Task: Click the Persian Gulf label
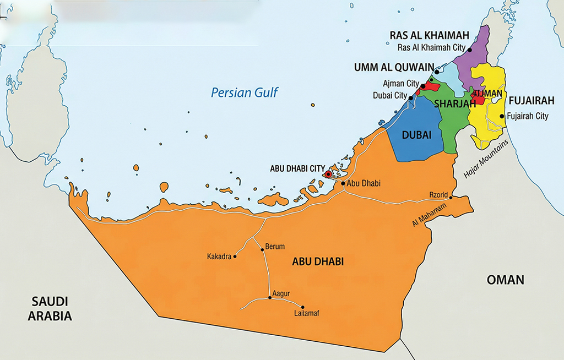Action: pyautogui.click(x=245, y=92)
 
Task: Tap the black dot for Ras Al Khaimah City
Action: pyautogui.click(x=470, y=50)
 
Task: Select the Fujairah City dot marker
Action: pyautogui.click(x=502, y=116)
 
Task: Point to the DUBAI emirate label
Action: pyautogui.click(x=416, y=134)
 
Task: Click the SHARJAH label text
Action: pyautogui.click(x=454, y=104)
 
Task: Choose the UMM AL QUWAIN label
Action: pyautogui.click(x=394, y=67)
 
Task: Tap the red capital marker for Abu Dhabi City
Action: pyautogui.click(x=328, y=174)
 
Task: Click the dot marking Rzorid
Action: pyautogui.click(x=452, y=197)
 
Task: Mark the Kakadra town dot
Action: pyautogui.click(x=235, y=257)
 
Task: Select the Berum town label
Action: pyautogui.click(x=275, y=247)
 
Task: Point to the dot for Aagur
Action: pyautogui.click(x=270, y=298)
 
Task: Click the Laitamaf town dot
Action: pyautogui.click(x=302, y=307)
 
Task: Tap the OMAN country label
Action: pyautogui.click(x=505, y=280)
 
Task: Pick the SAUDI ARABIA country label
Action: pyautogui.click(x=50, y=309)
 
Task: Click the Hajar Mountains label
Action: pyautogui.click(x=487, y=159)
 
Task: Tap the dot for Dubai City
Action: pyautogui.click(x=411, y=98)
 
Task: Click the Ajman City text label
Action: pyautogui.click(x=401, y=84)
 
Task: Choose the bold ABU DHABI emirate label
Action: pyautogui.click(x=317, y=262)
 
